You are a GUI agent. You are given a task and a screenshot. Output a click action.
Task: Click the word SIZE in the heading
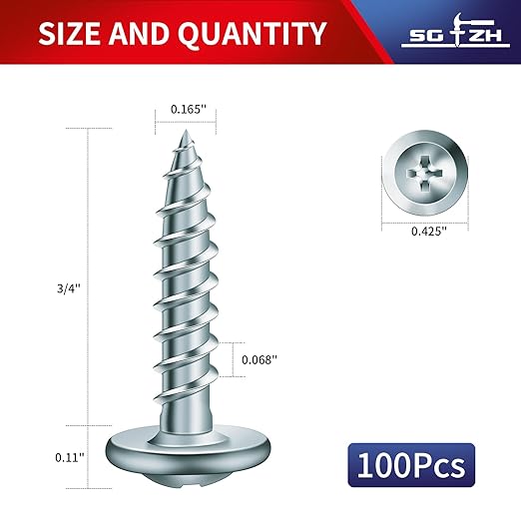click(x=72, y=34)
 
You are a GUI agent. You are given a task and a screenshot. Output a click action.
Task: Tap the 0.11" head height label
click(x=69, y=456)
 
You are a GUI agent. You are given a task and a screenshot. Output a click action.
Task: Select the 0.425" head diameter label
click(x=428, y=229)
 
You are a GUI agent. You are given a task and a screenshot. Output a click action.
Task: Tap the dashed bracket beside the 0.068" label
click(x=237, y=359)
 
